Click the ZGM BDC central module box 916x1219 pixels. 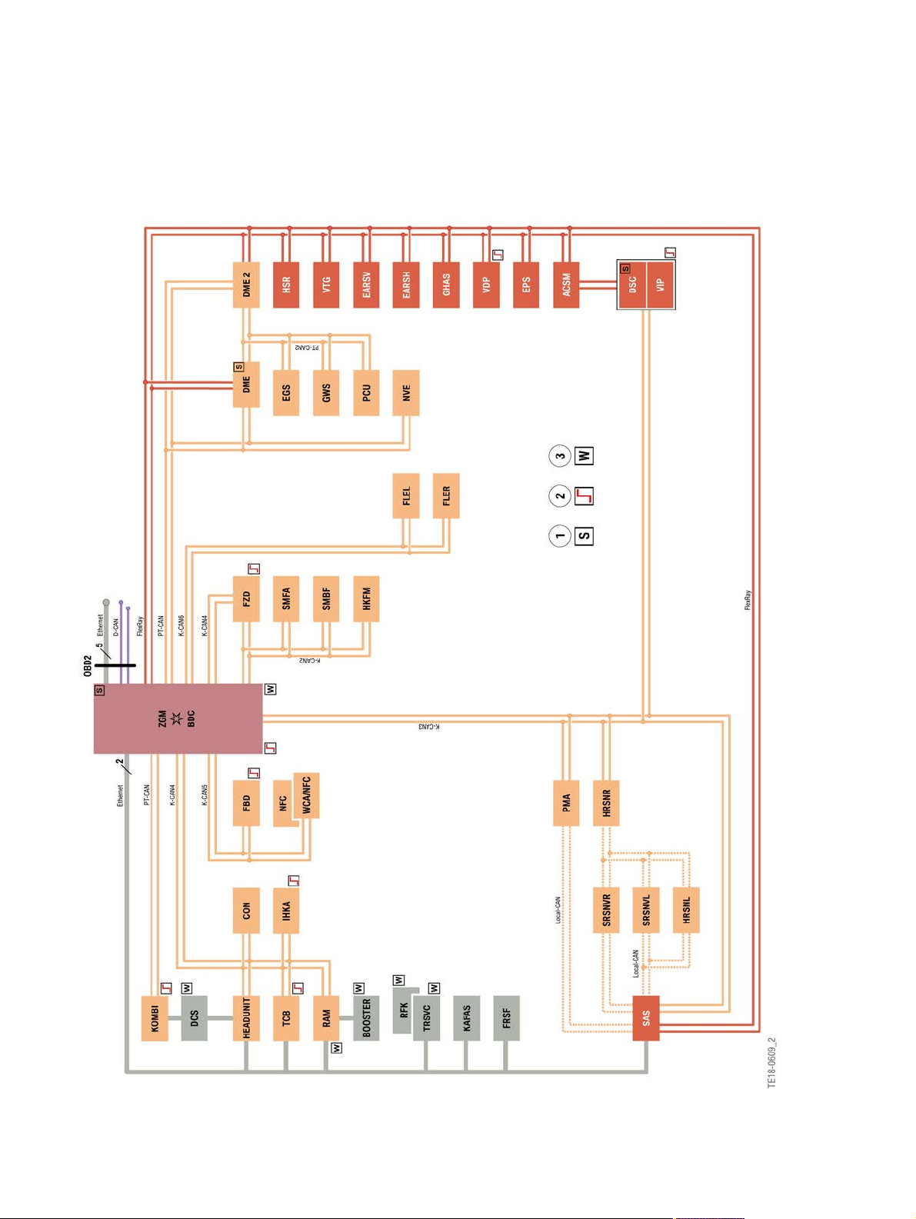[178, 718]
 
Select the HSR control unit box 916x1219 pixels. [286, 285]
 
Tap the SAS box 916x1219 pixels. [646, 1018]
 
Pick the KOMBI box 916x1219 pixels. [155, 1018]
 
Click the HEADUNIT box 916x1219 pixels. [246, 1018]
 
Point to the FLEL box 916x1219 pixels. [406, 496]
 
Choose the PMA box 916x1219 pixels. [566, 802]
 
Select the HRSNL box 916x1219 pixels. [686, 911]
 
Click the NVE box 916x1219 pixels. [406, 393]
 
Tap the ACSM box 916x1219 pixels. [566, 285]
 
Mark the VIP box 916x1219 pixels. [661, 285]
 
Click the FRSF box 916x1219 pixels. [506, 1018]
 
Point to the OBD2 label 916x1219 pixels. [88, 666]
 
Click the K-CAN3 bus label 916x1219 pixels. [429, 727]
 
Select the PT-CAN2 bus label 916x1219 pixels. [307, 347]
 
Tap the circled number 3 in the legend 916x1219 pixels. [560, 456]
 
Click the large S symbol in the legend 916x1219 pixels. [584, 536]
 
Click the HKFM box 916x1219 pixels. [366, 598]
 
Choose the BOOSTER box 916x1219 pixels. [366, 1018]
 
